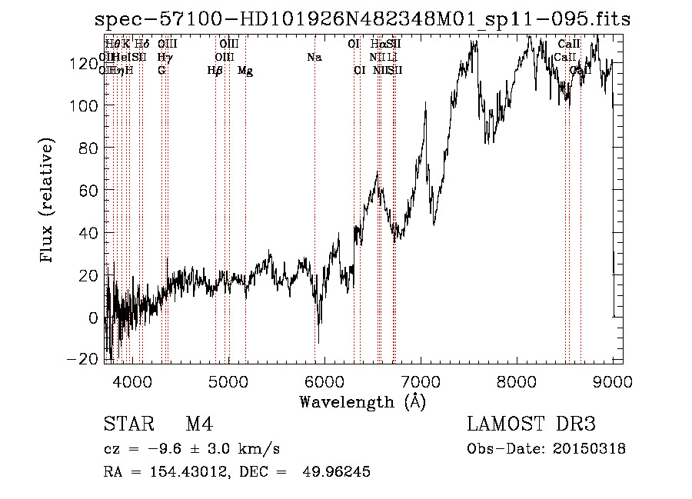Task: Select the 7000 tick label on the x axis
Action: (x=421, y=381)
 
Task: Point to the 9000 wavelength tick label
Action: (x=613, y=381)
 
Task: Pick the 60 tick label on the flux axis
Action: (x=88, y=191)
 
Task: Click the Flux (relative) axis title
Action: (x=48, y=201)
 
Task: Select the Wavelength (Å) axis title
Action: (x=362, y=401)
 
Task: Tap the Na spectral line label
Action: (x=314, y=58)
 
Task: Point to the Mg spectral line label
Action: (x=245, y=71)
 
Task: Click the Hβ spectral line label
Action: (x=215, y=71)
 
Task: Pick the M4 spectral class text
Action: (x=199, y=424)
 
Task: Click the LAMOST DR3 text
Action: (x=531, y=424)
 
